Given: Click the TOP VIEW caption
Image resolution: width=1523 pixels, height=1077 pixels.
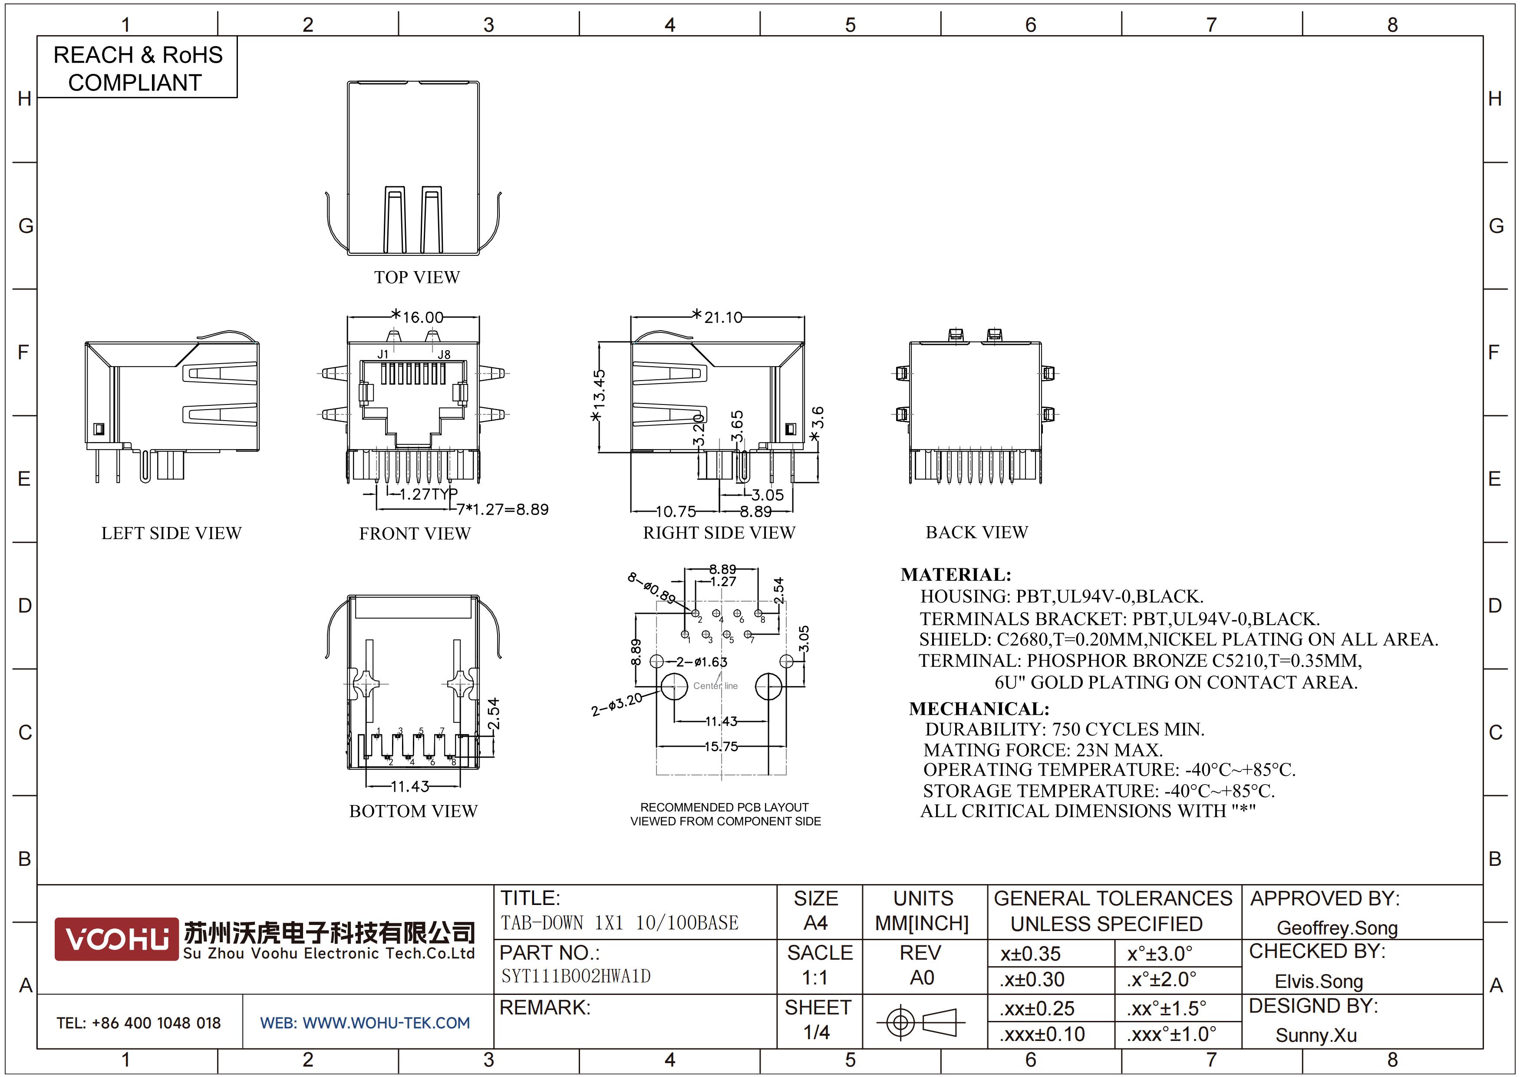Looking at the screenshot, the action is tap(417, 277).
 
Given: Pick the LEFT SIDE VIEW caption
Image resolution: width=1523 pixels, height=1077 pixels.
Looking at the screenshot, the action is tap(171, 534).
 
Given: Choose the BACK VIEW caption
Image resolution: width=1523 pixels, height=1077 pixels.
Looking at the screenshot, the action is tap(976, 532).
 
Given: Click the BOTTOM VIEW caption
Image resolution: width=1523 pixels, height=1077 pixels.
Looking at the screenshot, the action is tap(413, 811).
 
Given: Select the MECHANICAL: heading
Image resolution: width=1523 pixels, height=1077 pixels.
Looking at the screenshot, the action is tap(979, 709).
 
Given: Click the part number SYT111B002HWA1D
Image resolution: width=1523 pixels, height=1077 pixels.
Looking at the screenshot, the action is tap(576, 976).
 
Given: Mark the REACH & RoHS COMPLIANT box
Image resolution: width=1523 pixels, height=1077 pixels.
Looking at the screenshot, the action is tap(137, 68).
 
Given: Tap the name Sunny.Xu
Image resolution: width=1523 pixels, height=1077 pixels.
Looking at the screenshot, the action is tap(1316, 1035).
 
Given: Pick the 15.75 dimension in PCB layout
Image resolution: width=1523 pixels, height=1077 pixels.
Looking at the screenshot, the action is tap(721, 746).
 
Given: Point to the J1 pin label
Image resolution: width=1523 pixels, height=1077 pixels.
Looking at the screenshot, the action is tap(383, 355).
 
